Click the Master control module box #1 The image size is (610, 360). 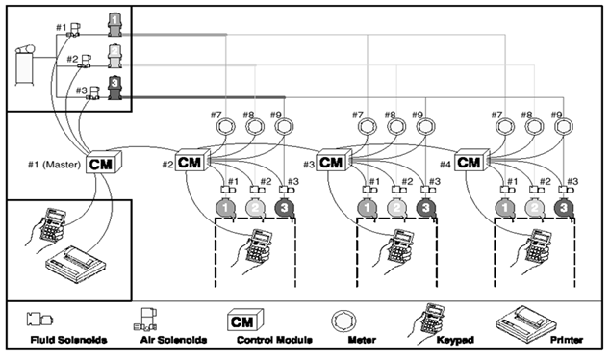pyautogui.click(x=104, y=163)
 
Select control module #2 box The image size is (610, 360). pyautogui.click(x=192, y=161)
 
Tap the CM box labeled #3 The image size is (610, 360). pyautogui.click(x=334, y=161)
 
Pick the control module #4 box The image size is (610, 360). pyautogui.click(x=471, y=160)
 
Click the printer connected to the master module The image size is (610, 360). pyautogui.click(x=75, y=264)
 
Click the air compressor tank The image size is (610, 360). pyautogui.click(x=24, y=64)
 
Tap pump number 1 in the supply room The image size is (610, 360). pyautogui.click(x=114, y=24)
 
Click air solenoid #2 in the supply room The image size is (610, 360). pyautogui.click(x=85, y=62)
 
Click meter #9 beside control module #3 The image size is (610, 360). pyautogui.click(x=425, y=126)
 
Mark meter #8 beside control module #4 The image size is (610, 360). pyautogui.click(x=534, y=126)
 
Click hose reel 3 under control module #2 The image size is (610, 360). pyautogui.click(x=285, y=208)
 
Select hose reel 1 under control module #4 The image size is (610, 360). pyautogui.click(x=505, y=208)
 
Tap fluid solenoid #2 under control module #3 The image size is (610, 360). pyautogui.click(x=398, y=190)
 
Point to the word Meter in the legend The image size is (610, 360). pyautogui.click(x=362, y=340)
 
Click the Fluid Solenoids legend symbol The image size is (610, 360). pyautogui.click(x=40, y=320)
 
